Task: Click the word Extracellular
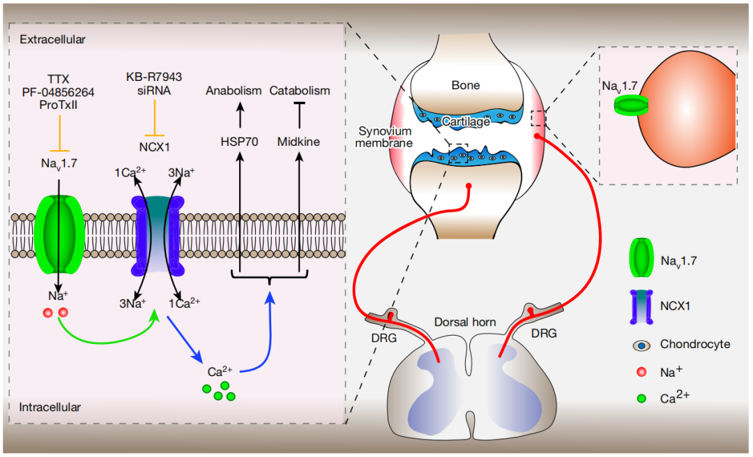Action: click(53, 40)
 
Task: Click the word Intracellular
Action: click(51, 407)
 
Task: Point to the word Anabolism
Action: click(234, 91)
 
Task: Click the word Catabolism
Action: click(300, 91)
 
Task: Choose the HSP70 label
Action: click(239, 142)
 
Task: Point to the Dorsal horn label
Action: click(465, 322)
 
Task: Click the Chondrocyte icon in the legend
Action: click(640, 345)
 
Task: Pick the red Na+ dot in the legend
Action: click(640, 371)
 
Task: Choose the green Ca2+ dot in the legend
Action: click(640, 398)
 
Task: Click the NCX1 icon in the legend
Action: click(639, 306)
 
